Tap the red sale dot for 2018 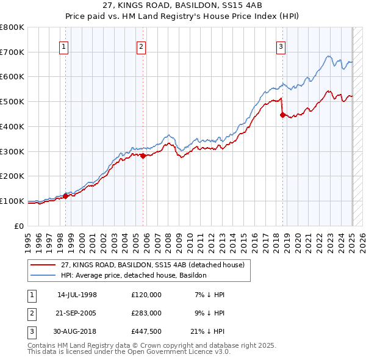[x=282, y=114]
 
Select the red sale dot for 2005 [x=143, y=156]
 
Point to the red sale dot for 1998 [x=66, y=196]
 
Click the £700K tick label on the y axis [x=12, y=52]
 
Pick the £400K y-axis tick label [x=12, y=126]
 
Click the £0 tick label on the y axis [x=20, y=226]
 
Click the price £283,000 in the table [x=146, y=312]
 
